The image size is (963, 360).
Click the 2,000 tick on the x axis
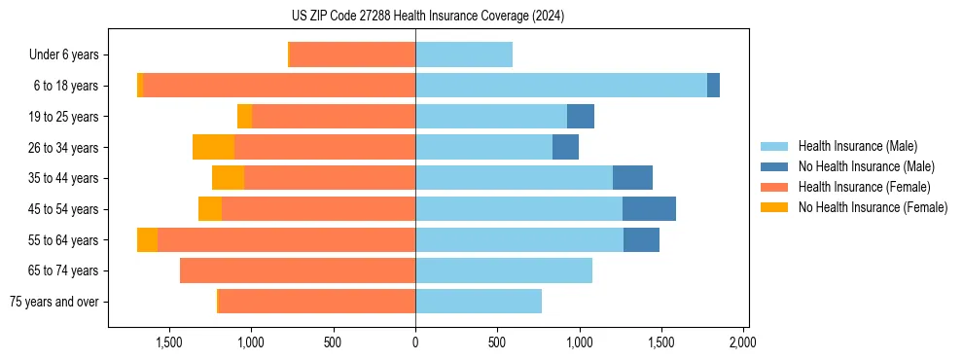(743, 342)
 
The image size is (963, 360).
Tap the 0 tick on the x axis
(415, 342)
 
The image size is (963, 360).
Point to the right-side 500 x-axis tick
(497, 342)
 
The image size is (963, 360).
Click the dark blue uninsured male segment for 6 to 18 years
(713, 86)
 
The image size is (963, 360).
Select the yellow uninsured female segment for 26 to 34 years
(213, 147)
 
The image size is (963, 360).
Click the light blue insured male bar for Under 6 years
(464, 54)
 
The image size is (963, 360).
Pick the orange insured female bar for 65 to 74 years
(298, 270)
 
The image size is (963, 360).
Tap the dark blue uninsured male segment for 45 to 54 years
(649, 209)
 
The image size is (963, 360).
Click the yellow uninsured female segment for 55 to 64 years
(147, 239)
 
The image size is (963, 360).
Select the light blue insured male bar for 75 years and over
(479, 302)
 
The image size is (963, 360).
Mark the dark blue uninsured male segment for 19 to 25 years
(581, 117)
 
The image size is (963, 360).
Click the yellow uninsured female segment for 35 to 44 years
(228, 178)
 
